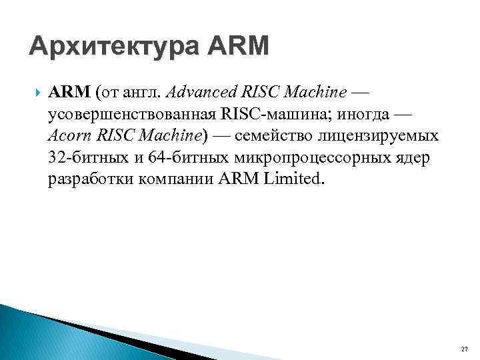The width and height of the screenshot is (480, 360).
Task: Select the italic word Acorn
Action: pos(70,137)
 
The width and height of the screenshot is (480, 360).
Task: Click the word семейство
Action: pos(272,137)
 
